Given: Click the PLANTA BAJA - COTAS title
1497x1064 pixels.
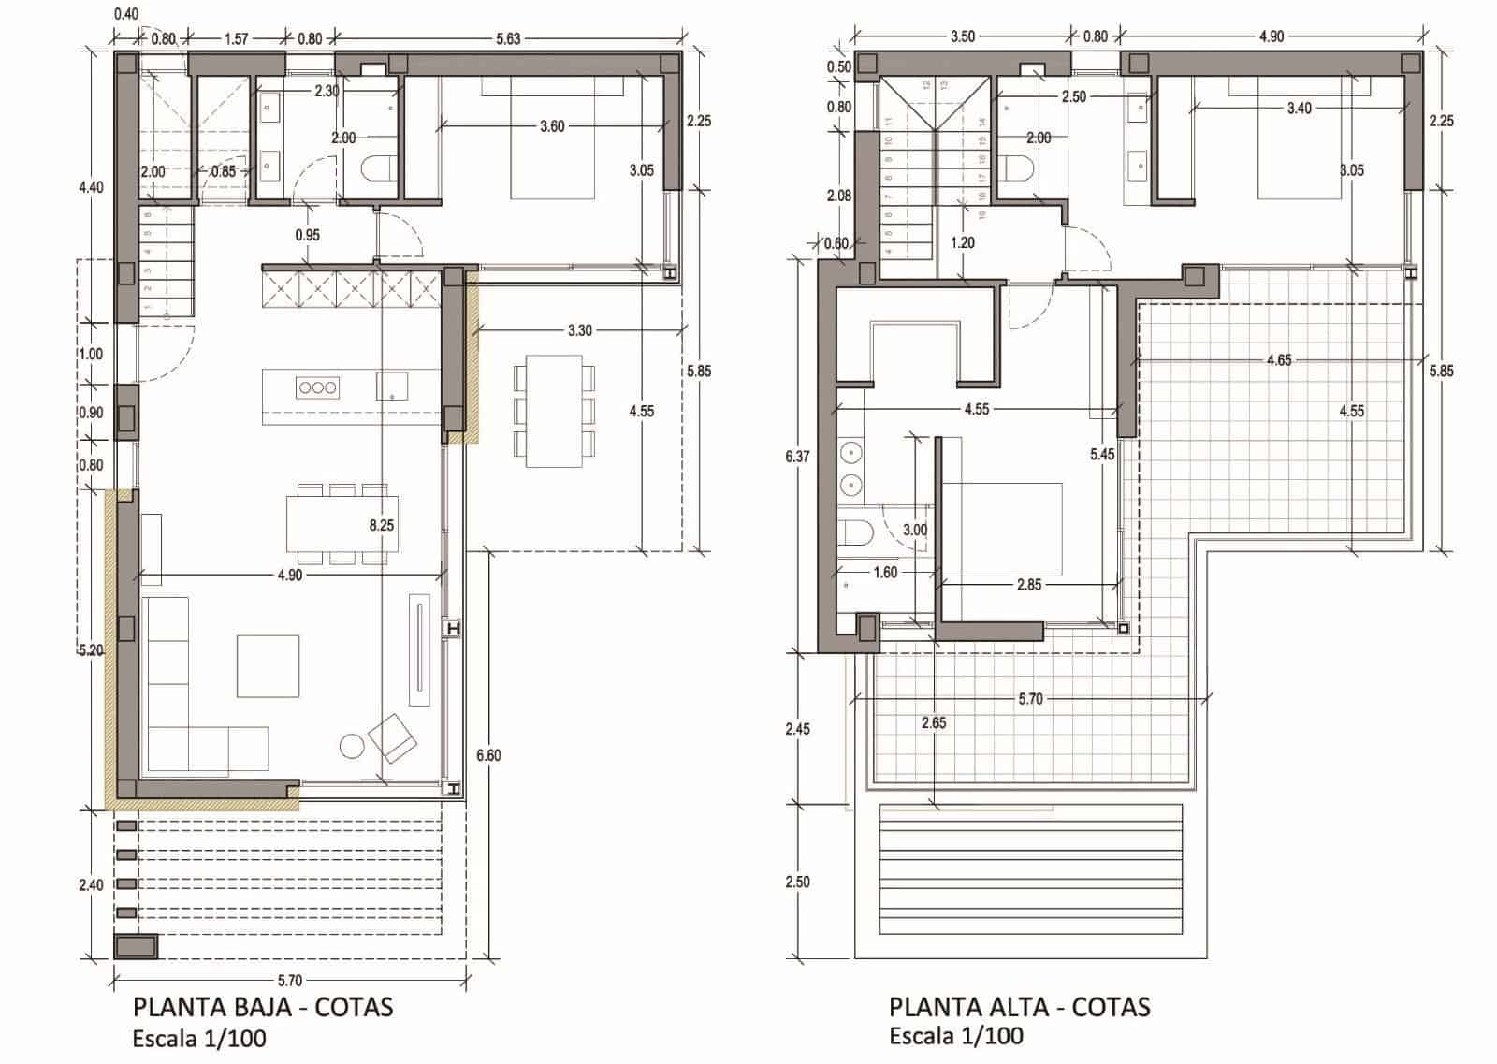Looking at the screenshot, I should (x=263, y=1007).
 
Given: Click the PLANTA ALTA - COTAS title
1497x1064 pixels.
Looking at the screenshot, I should (x=1019, y=1007).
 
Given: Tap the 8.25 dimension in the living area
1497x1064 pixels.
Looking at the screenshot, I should (x=381, y=526).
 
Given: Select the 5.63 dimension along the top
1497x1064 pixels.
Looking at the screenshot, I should (x=508, y=38).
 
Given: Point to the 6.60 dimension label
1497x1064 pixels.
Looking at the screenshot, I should (x=488, y=755).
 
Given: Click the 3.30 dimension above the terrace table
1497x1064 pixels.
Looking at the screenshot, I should (x=579, y=330).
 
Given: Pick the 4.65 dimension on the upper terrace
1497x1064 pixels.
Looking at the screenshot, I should (x=1278, y=360).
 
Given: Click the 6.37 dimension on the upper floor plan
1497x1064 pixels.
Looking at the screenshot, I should (x=798, y=457).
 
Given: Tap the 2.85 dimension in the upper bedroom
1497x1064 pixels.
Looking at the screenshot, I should (x=1028, y=585).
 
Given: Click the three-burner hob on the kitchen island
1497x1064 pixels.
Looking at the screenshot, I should (x=317, y=387).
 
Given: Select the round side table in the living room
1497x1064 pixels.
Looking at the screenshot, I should (x=352, y=746).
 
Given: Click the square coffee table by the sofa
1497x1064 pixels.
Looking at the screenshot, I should (x=268, y=666).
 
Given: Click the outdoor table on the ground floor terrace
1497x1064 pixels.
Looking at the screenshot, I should (x=553, y=410).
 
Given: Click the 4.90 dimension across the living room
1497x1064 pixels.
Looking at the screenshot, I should (x=289, y=576).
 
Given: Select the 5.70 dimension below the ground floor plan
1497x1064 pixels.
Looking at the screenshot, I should (x=290, y=981).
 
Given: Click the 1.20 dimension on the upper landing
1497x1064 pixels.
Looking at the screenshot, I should (x=962, y=243).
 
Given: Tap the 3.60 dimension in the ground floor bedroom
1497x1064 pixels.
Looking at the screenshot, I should (x=552, y=126).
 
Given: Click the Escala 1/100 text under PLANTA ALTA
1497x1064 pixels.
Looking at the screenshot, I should (x=955, y=1036).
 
